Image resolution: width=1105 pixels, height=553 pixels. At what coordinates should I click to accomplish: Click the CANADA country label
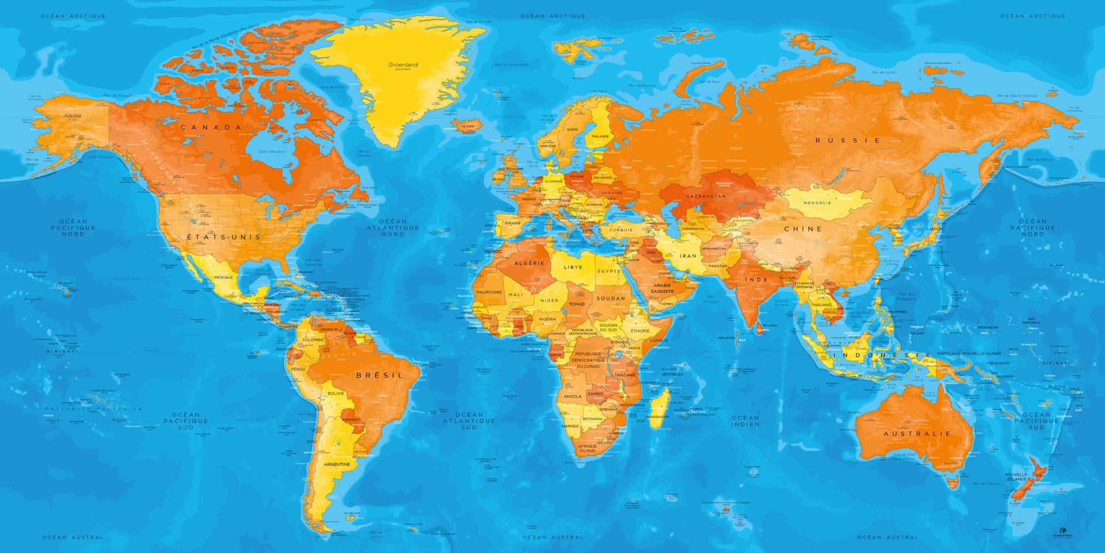click(211, 127)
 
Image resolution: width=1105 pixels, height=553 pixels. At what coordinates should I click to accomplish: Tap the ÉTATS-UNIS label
click(224, 237)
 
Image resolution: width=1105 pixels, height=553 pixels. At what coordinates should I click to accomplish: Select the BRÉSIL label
click(380, 375)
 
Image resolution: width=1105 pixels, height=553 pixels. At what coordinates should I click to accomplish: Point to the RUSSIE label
click(848, 140)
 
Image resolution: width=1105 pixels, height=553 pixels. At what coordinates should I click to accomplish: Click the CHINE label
click(803, 229)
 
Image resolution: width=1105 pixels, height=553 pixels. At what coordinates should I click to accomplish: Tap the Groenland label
click(403, 66)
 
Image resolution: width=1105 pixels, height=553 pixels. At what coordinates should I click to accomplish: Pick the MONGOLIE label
click(817, 203)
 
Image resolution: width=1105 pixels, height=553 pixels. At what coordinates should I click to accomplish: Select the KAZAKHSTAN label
click(706, 196)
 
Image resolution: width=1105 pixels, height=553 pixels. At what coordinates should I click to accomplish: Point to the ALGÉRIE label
click(529, 263)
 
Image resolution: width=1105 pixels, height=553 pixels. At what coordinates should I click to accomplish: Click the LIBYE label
click(573, 267)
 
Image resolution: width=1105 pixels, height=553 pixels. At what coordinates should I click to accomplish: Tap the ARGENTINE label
click(337, 464)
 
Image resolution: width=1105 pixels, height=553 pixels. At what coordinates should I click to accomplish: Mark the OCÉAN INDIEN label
click(745, 421)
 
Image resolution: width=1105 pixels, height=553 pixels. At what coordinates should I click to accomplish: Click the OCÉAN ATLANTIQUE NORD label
click(393, 228)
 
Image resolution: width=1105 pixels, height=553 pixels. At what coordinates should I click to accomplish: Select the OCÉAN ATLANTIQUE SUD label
click(469, 421)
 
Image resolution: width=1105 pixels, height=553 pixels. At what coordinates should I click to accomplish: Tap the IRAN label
click(688, 256)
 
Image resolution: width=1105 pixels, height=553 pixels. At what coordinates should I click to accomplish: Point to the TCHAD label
click(577, 304)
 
